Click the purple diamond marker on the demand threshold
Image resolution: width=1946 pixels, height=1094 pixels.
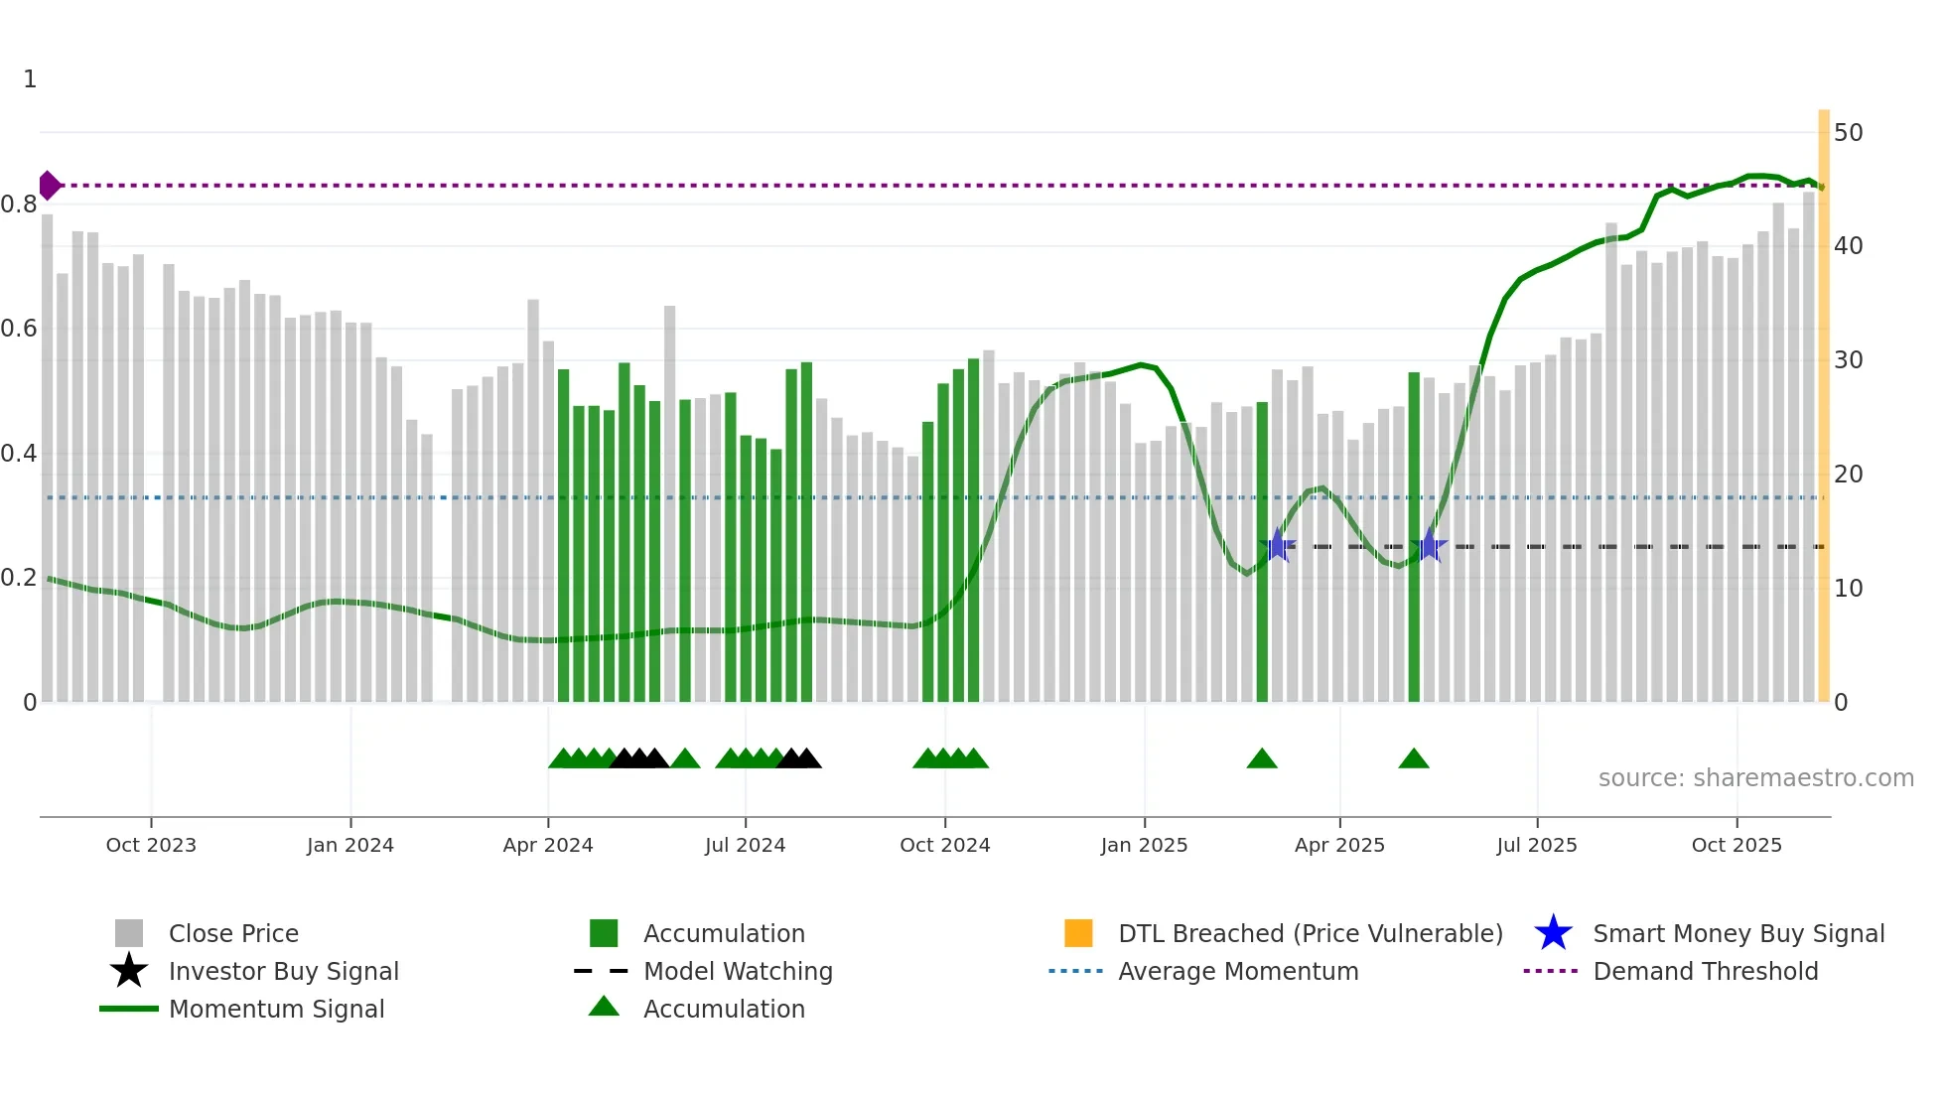(49, 186)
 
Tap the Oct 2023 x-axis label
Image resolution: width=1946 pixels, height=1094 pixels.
(151, 845)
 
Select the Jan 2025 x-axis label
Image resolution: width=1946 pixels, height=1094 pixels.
(1144, 845)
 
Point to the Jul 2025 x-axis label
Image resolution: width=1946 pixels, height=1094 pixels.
(1536, 845)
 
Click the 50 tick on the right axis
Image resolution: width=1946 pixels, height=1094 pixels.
(1848, 133)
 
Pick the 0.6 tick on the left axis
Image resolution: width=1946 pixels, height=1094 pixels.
(20, 329)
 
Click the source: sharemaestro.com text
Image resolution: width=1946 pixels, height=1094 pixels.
(1755, 778)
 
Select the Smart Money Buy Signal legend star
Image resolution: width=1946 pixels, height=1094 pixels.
(1553, 933)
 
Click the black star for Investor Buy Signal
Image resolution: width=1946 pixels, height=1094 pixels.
(129, 971)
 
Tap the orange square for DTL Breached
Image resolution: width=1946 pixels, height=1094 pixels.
(1078, 933)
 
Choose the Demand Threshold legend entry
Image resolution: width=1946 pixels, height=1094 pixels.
(1705, 971)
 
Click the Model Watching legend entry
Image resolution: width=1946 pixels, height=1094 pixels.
(737, 971)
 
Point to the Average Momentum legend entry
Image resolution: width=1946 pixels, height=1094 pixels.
(1237, 971)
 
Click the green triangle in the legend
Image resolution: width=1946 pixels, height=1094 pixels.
(604, 1008)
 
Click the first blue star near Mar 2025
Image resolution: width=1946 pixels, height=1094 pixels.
(1278, 546)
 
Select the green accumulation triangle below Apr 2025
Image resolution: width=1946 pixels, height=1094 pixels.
(1413, 759)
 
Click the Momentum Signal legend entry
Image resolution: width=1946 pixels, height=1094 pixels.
(276, 1009)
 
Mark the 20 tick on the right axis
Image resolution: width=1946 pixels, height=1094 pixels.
(1848, 475)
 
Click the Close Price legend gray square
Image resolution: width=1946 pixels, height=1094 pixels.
(129, 933)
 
